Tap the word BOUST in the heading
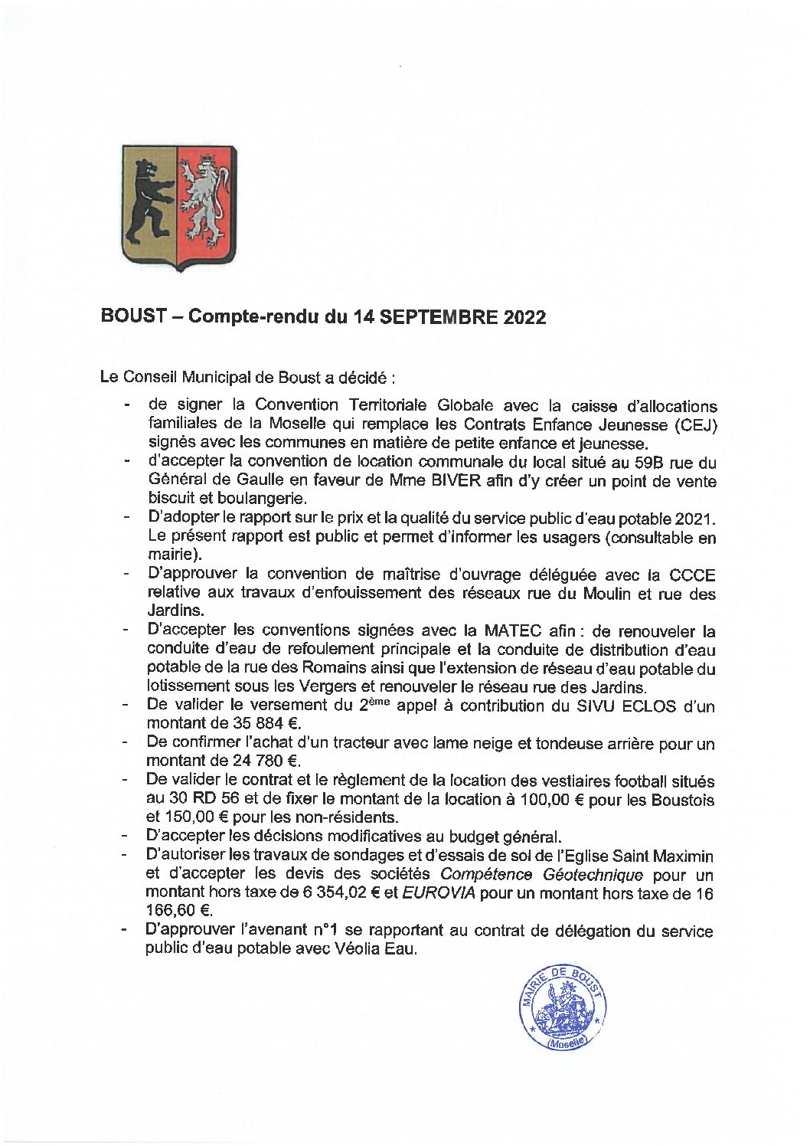click(x=133, y=317)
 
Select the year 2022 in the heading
click(x=524, y=317)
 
